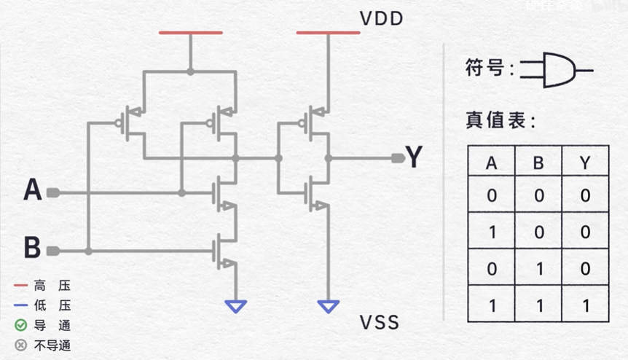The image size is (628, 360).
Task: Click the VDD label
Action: click(x=381, y=18)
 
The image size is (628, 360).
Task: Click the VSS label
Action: click(x=380, y=321)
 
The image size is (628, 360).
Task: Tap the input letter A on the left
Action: click(x=33, y=191)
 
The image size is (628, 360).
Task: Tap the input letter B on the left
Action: click(x=32, y=248)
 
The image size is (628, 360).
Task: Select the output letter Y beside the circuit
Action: click(x=414, y=157)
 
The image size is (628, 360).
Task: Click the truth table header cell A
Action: click(x=491, y=163)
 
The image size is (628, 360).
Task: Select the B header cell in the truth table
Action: click(x=538, y=163)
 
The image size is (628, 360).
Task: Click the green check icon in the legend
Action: click(x=20, y=325)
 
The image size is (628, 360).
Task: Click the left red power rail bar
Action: click(x=190, y=33)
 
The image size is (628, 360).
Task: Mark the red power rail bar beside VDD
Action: click(x=328, y=33)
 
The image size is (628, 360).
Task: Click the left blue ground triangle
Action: click(x=236, y=306)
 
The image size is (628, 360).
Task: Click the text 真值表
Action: click(x=501, y=121)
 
